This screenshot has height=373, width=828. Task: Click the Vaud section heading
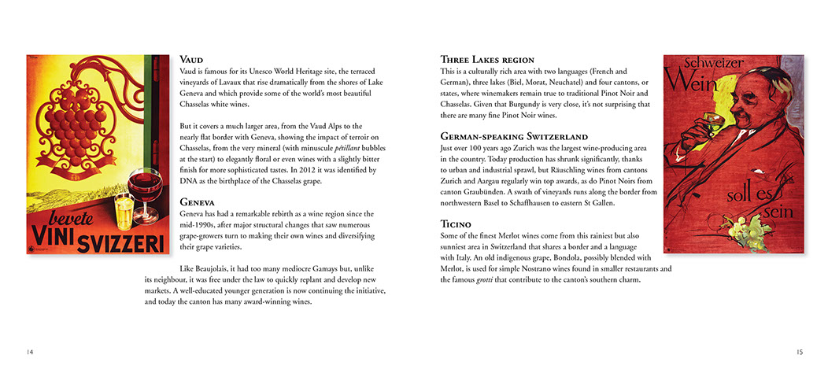click(191, 59)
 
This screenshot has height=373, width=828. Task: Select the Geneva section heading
click(198, 201)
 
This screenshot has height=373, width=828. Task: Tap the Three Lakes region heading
click(487, 59)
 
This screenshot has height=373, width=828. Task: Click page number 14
click(30, 351)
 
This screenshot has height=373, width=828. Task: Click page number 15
click(799, 351)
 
